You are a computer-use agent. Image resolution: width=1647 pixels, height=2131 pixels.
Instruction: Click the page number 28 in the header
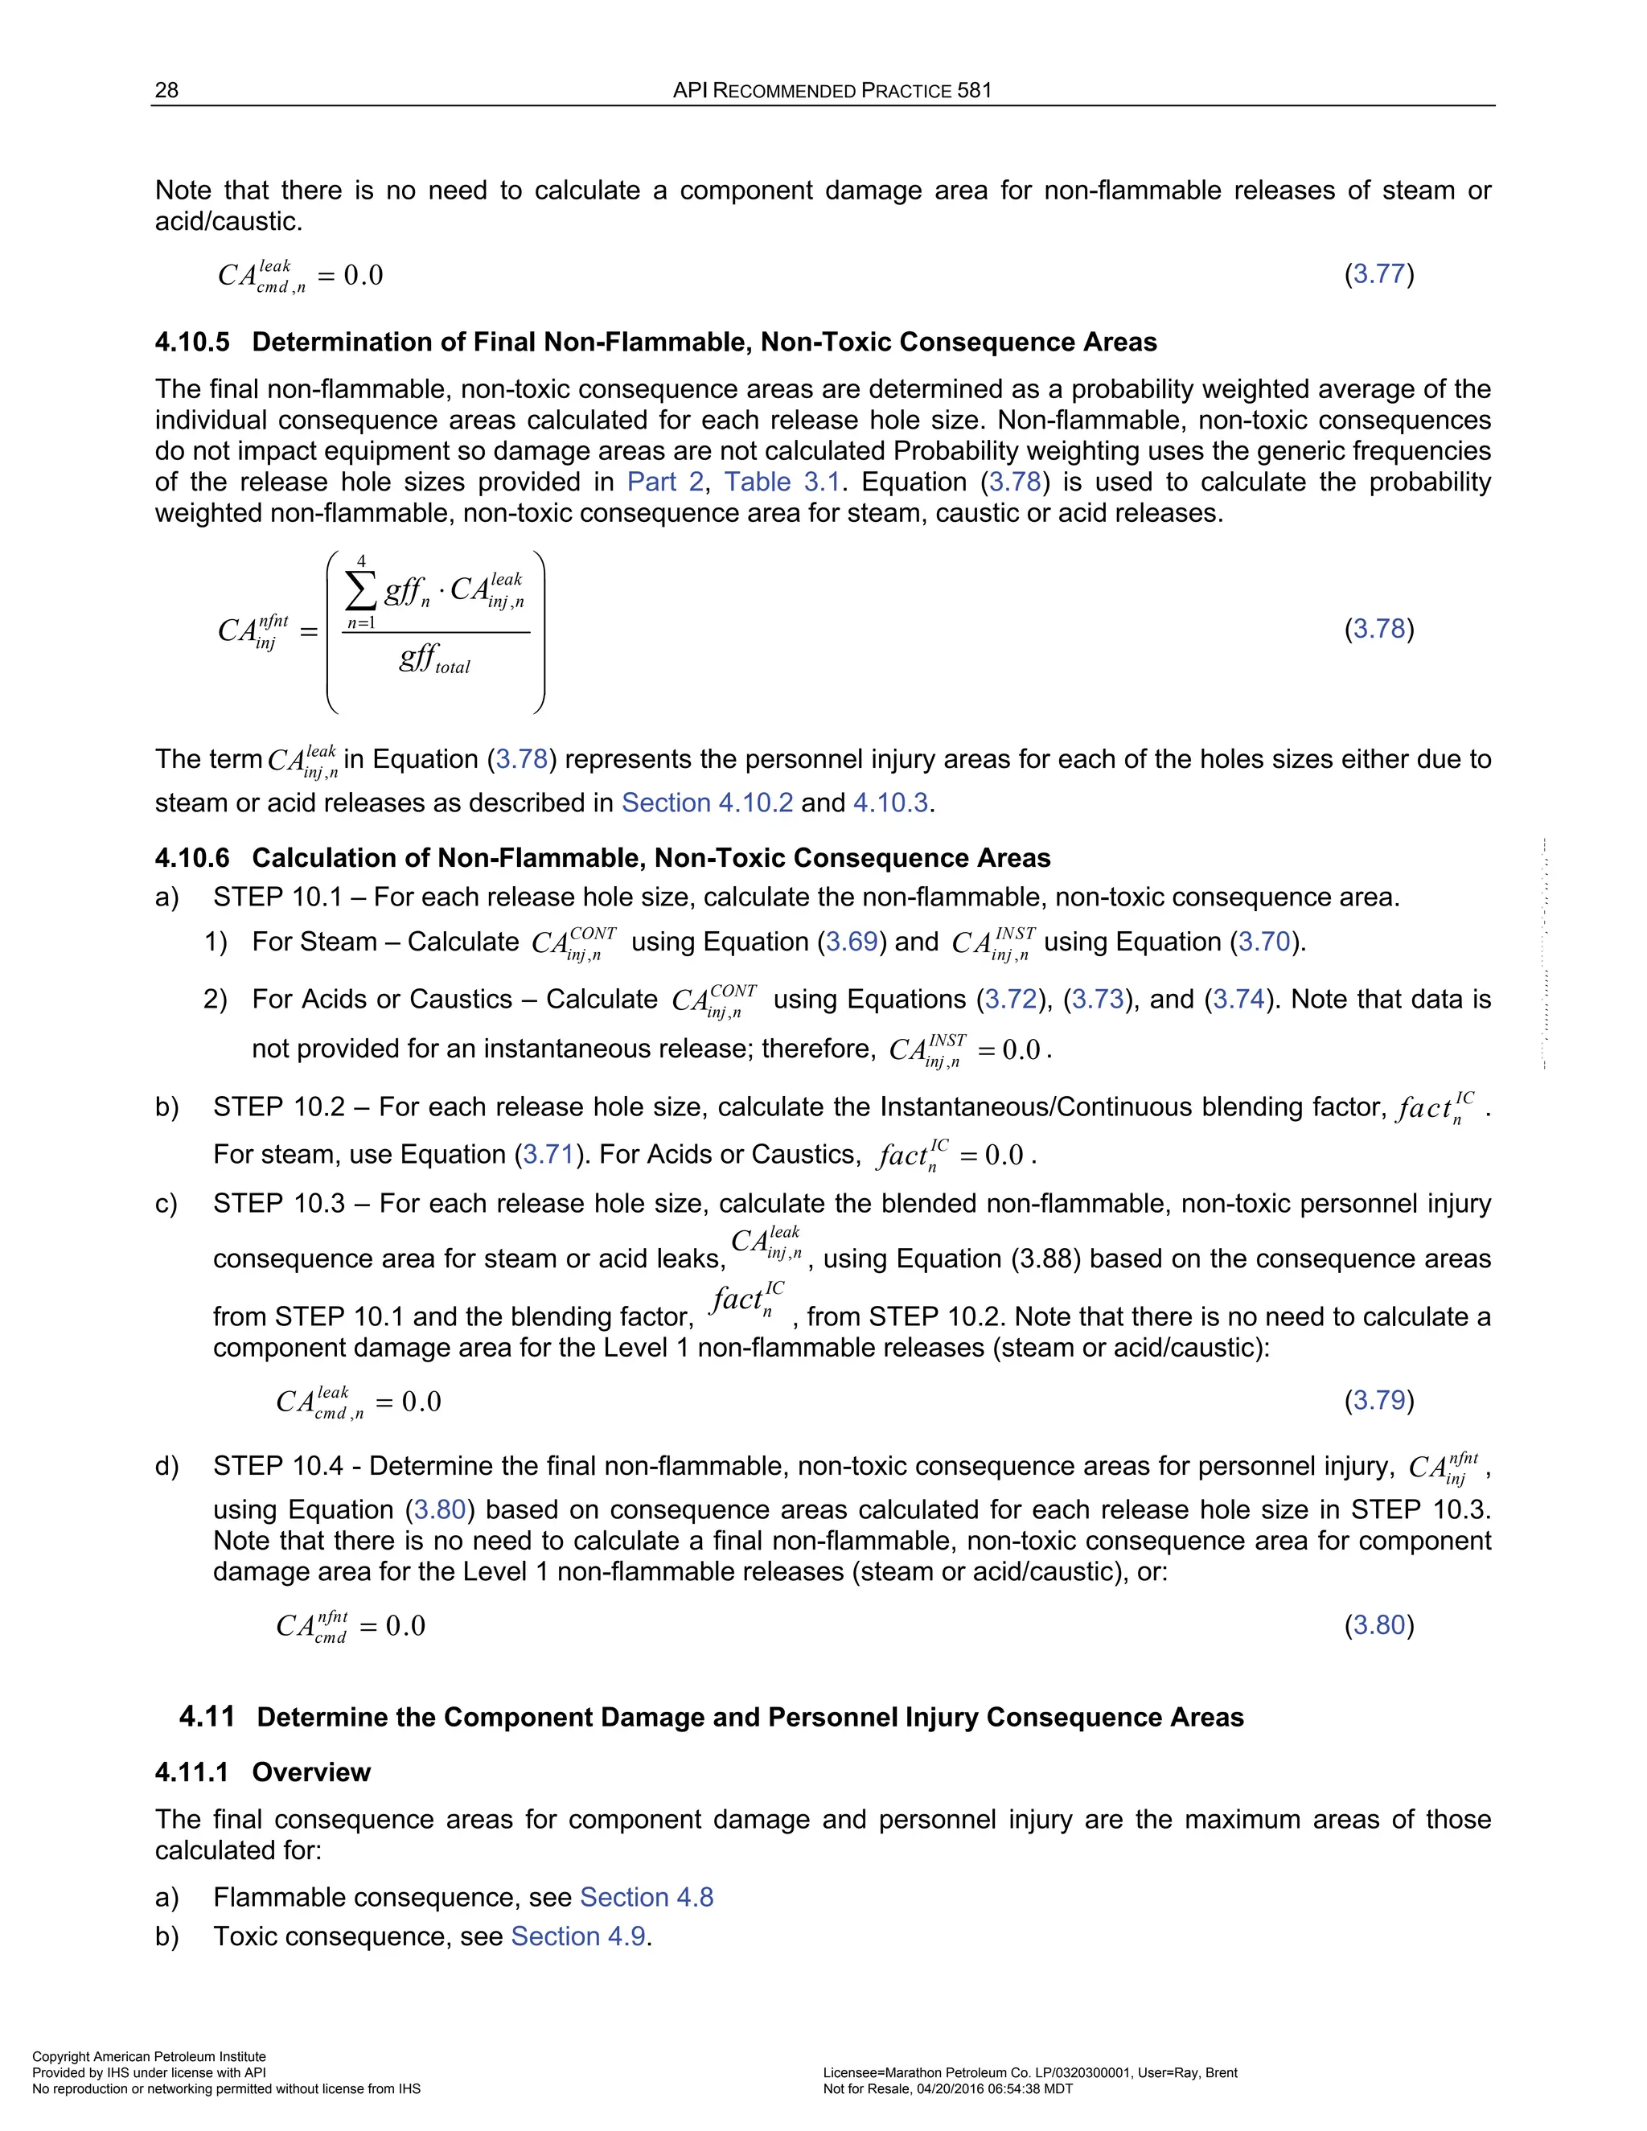click(x=166, y=91)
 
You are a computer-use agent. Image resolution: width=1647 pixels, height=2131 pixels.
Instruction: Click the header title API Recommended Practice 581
click(x=832, y=91)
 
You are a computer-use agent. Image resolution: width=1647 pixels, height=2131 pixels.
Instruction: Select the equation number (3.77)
click(x=1378, y=274)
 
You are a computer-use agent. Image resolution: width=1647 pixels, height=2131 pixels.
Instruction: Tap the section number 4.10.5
click(x=192, y=343)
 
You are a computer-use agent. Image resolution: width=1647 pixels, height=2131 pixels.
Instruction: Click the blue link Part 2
click(x=664, y=482)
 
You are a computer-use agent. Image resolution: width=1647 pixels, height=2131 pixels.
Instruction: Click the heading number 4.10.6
click(x=192, y=859)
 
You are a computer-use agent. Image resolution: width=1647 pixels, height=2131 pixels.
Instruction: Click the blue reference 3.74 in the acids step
click(x=1238, y=1000)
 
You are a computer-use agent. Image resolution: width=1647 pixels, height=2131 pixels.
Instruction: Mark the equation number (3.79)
click(x=1378, y=1401)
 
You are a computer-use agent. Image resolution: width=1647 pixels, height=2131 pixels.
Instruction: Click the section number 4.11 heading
click(x=207, y=1718)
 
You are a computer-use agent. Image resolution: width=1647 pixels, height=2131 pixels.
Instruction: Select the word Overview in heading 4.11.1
click(x=311, y=1773)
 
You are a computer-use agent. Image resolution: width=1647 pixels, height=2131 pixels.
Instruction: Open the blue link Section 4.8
click(x=646, y=1898)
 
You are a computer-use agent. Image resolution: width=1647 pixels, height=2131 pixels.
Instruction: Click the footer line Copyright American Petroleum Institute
click(x=150, y=2057)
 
